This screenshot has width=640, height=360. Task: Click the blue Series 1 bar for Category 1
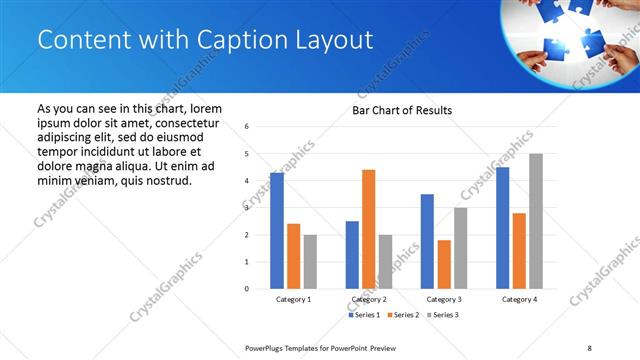[276, 231]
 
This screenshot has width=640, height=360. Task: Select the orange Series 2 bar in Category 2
[368, 229]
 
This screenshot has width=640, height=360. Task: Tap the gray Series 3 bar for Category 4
[536, 221]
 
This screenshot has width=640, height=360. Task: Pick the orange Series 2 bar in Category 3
[444, 264]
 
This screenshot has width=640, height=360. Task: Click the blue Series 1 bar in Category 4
[502, 228]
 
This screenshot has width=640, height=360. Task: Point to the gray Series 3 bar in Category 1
[310, 262]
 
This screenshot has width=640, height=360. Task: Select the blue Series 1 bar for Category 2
[352, 255]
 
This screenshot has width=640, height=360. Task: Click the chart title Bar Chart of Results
[402, 110]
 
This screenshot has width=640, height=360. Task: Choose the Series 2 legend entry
[404, 315]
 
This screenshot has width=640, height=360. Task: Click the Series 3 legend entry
[443, 315]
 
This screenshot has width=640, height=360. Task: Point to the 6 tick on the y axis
[247, 127]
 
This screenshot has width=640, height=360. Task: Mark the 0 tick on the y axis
[247, 289]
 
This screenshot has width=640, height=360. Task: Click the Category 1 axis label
[293, 299]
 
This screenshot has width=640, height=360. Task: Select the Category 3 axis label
[443, 299]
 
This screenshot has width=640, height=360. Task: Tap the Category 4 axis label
[518, 299]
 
